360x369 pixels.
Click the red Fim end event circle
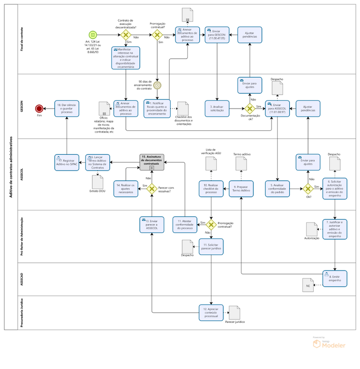pos(39,109)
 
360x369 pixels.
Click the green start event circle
pos(92,35)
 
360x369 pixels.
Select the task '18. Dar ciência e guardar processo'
pos(67,109)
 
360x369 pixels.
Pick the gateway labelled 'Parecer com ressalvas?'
pos(151,189)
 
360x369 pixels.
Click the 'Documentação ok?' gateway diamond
pos(249,109)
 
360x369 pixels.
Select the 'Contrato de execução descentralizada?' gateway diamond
pos(126,35)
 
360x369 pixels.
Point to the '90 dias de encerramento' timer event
pos(157,85)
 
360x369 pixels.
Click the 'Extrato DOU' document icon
pos(98,182)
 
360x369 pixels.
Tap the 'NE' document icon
pos(308,284)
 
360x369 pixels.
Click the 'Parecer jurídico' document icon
pos(234,313)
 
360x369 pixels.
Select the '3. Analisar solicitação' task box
pos(218,109)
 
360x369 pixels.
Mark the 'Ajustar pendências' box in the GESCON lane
pos(308,109)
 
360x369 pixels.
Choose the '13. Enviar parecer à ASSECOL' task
pos(151,224)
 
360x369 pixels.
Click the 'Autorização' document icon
pos(312,229)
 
